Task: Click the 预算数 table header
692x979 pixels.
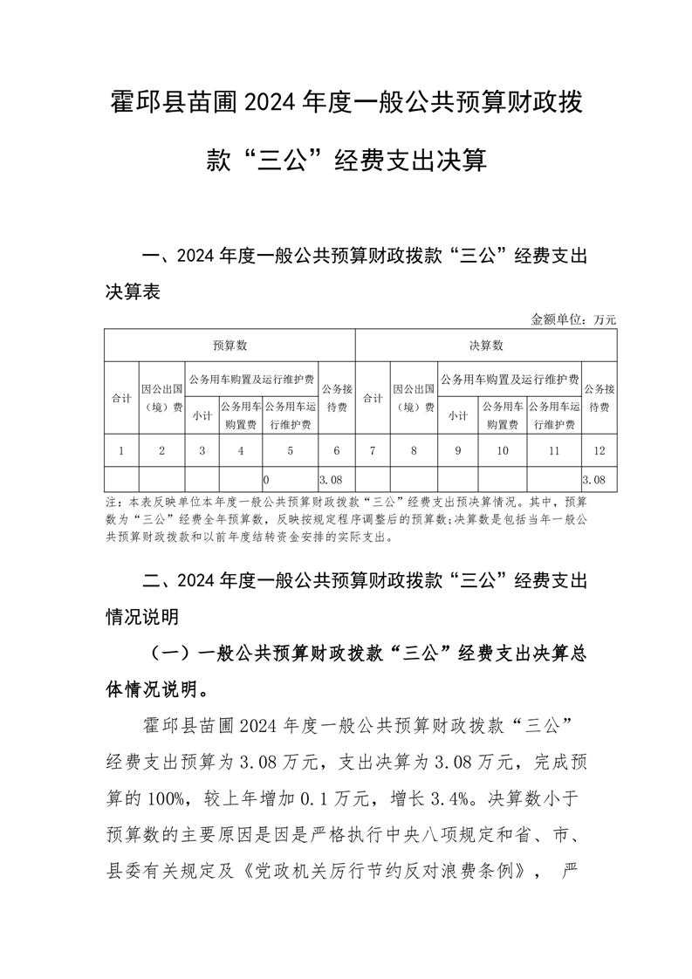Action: point(230,346)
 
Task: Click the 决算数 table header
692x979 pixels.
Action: point(486,346)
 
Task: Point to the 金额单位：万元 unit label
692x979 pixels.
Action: point(573,319)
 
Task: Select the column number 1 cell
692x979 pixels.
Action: point(120,450)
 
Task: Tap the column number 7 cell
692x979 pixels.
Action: point(373,450)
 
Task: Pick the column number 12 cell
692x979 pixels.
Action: point(599,450)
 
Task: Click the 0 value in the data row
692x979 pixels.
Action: point(266,479)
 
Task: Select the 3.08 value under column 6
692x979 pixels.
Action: point(329,479)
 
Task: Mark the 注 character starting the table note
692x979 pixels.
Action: point(110,503)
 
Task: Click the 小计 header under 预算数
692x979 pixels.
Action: point(202,415)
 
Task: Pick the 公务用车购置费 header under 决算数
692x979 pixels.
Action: point(502,415)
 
